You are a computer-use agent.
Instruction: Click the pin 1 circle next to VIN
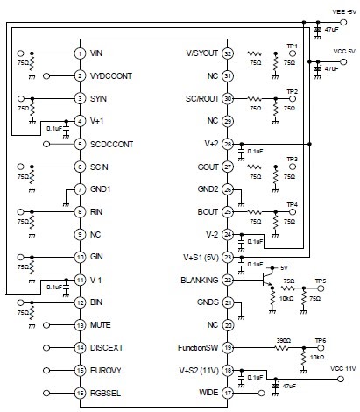coord(79,53)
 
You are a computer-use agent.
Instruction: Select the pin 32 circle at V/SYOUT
coord(229,53)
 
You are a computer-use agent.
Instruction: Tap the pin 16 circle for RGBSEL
coord(79,394)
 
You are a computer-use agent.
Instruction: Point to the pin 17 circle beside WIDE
coord(229,394)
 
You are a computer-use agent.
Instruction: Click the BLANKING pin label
coord(201,280)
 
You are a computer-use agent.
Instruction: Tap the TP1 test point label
coord(292,46)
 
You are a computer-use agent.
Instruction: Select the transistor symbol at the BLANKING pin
coord(265,281)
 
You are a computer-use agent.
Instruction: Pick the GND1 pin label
coord(104,189)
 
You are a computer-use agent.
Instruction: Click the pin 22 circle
coord(229,280)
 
